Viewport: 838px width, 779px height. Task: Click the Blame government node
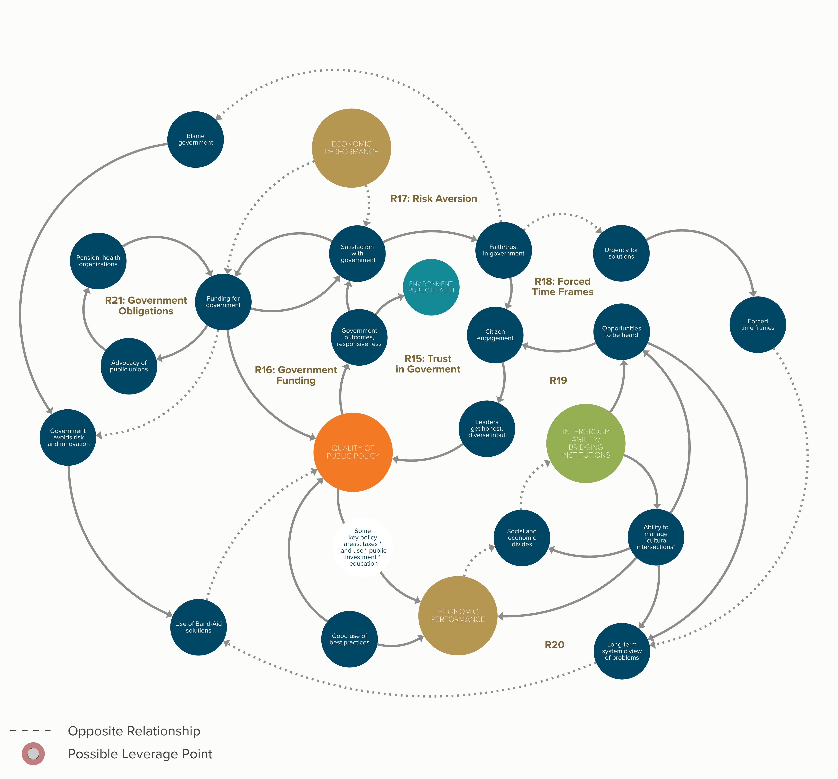196,139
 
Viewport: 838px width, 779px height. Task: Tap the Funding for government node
223,302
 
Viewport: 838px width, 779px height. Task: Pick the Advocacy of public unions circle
129,366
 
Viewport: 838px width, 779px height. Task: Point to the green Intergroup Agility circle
585,443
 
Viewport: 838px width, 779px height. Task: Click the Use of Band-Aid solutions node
199,627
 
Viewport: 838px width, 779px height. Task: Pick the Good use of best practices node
349,639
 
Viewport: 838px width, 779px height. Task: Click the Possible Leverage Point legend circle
33,754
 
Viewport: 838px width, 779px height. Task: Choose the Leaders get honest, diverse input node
487,429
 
